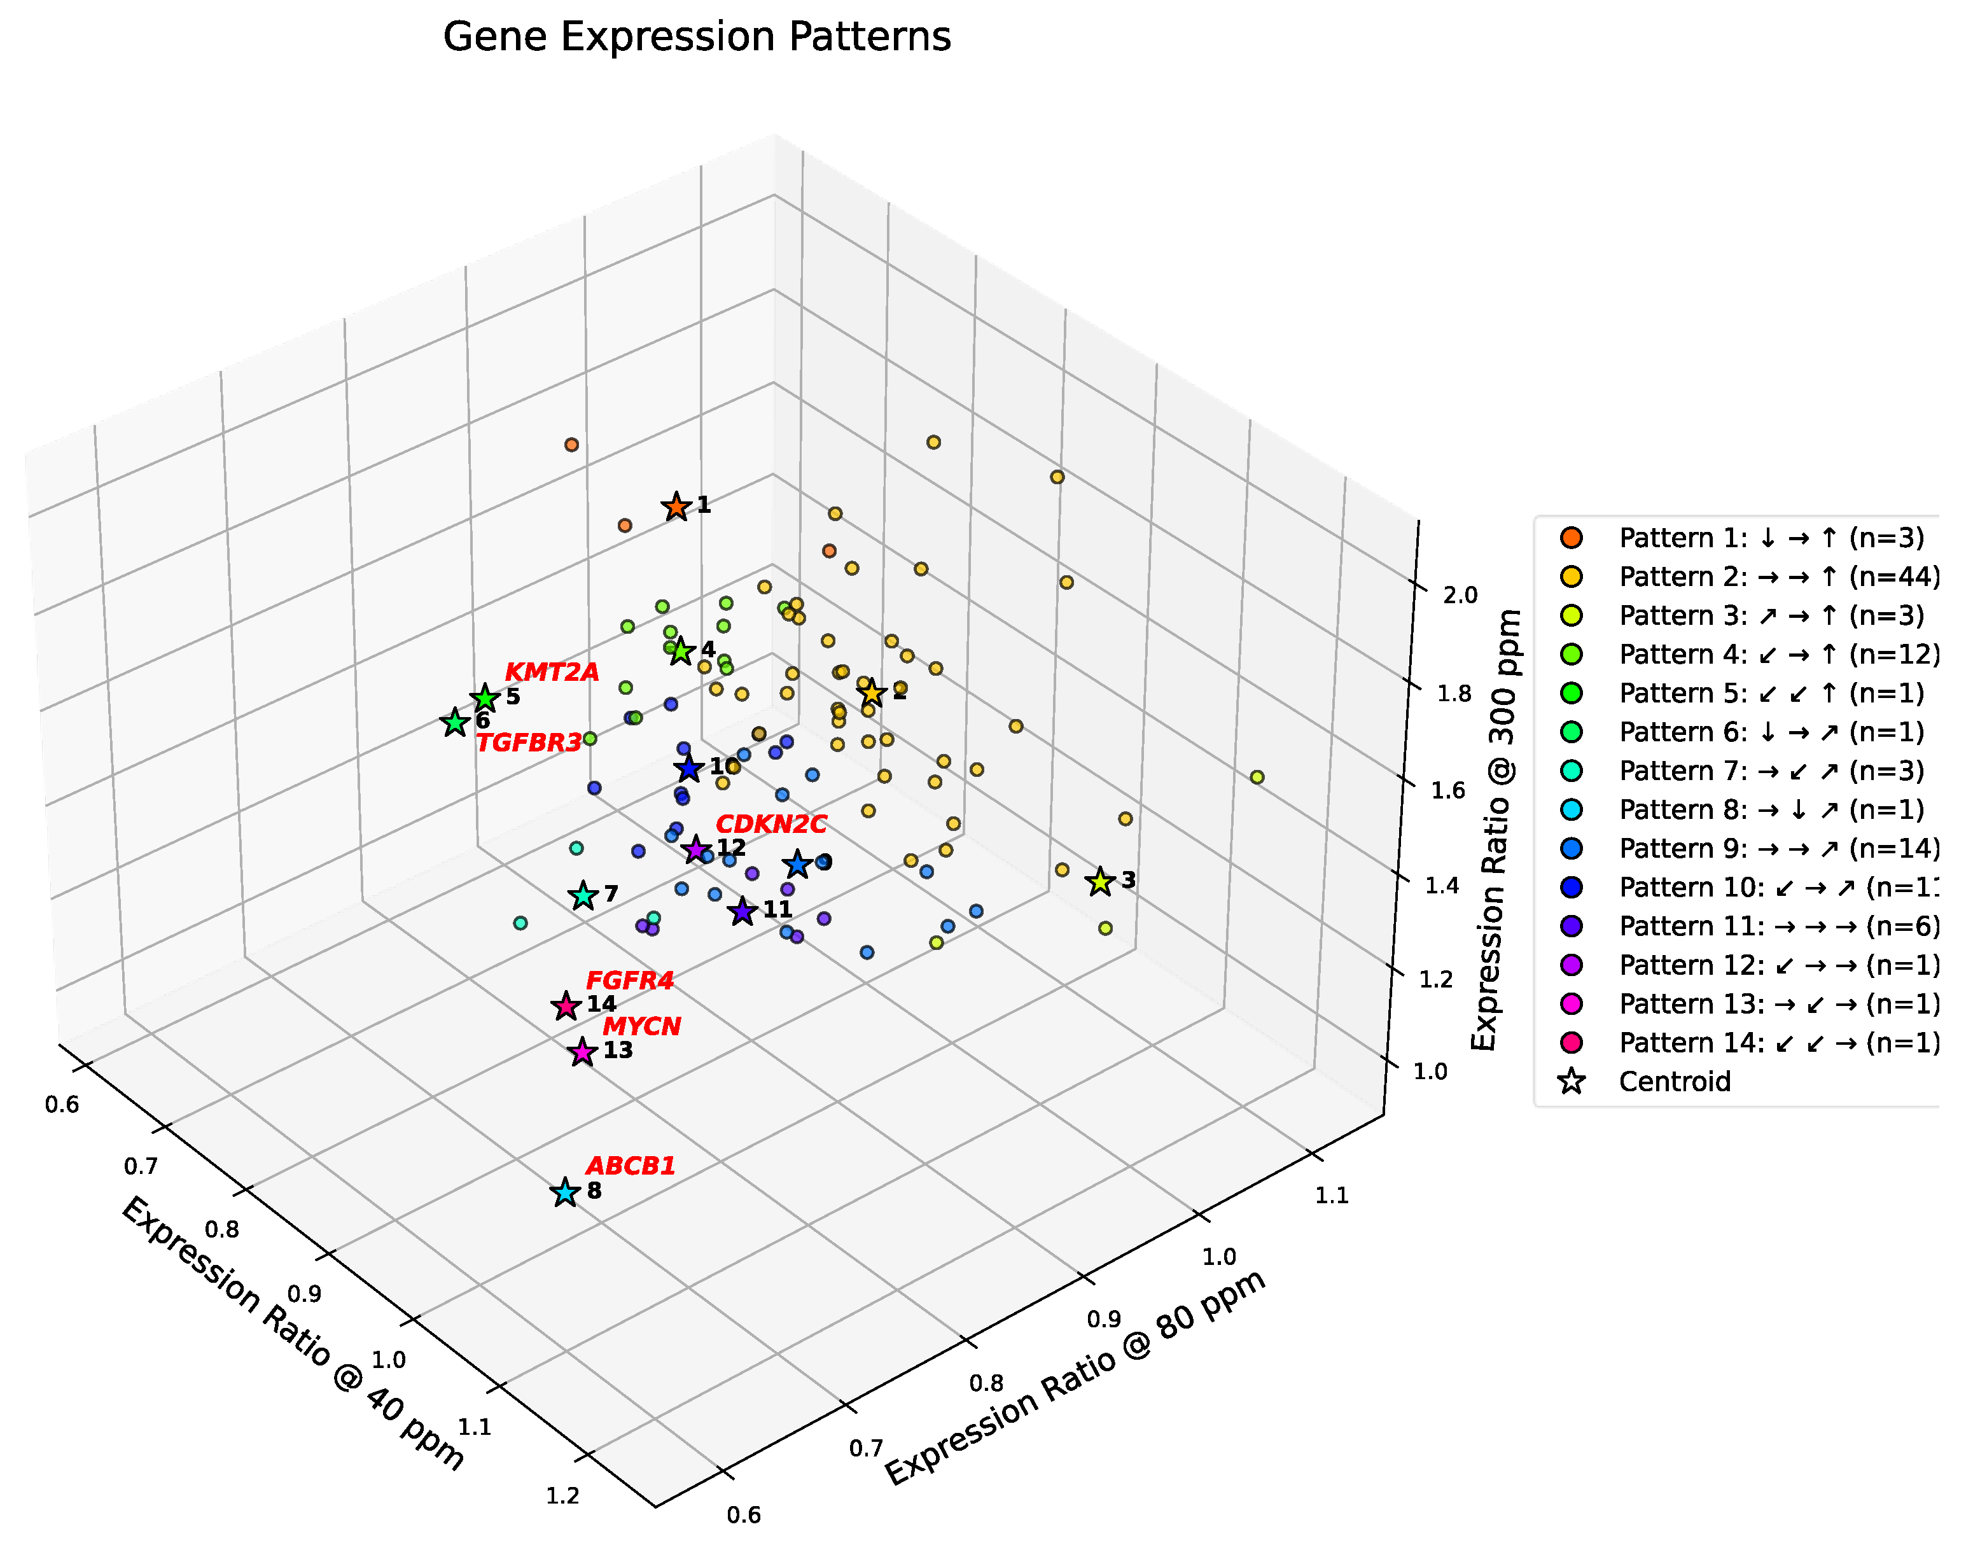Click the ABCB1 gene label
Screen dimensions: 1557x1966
(630, 1166)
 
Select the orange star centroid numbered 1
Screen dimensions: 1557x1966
(676, 507)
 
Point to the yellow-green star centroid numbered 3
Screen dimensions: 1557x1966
(1100, 881)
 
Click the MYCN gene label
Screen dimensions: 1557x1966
(642, 1026)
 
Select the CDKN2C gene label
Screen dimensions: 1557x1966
(771, 824)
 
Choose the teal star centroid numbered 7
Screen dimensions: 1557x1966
(583, 896)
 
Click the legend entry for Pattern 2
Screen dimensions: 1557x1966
(1777, 577)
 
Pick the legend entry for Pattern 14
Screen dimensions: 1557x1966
(1777, 1043)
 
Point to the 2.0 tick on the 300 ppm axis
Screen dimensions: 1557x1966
(1460, 596)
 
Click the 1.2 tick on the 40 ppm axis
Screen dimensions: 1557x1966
(562, 1496)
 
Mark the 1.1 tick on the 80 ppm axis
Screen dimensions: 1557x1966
(1332, 1195)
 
